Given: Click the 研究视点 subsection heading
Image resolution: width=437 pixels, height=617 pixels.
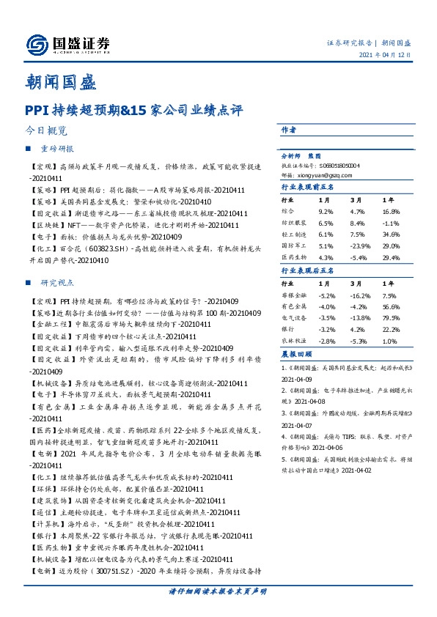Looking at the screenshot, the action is [x=57, y=282].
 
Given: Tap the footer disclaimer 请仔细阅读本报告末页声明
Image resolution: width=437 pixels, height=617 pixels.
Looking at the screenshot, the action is [x=218, y=591].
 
